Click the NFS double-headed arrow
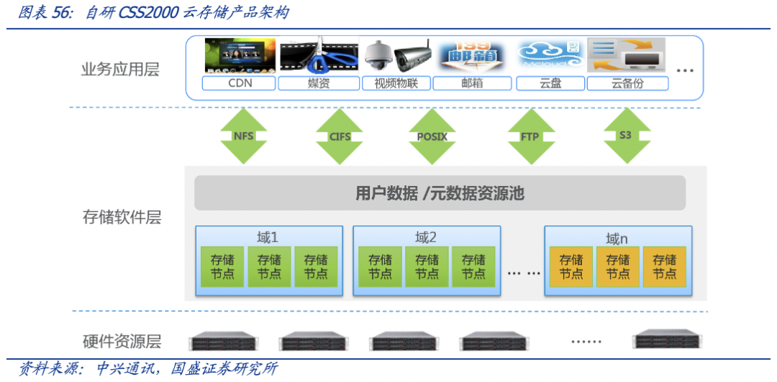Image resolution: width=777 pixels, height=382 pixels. point(243,136)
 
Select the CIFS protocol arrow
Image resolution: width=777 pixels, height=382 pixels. point(339,136)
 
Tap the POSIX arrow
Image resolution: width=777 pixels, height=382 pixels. point(432,136)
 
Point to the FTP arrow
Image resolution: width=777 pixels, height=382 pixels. point(530,136)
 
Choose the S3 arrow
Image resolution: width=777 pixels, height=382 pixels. point(627,136)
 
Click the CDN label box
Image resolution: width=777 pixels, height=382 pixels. point(240,83)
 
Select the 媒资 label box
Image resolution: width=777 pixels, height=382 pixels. point(318,83)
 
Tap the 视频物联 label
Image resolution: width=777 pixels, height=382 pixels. point(396,83)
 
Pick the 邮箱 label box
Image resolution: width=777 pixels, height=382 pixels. point(472,83)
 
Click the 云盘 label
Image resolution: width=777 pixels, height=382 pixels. point(550,83)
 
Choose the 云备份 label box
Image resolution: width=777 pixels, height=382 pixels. point(627,83)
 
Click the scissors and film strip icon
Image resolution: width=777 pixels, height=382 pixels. point(318,55)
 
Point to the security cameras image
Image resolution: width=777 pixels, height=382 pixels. point(396,55)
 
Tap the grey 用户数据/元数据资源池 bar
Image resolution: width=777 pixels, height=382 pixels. point(440,193)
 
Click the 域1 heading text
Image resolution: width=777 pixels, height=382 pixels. point(267,237)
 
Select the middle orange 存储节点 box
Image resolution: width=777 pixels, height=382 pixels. point(617,267)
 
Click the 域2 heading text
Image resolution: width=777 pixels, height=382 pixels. point(426,237)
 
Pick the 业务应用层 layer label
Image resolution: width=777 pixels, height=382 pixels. point(120,70)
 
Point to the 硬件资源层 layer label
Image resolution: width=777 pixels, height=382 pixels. point(122,342)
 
